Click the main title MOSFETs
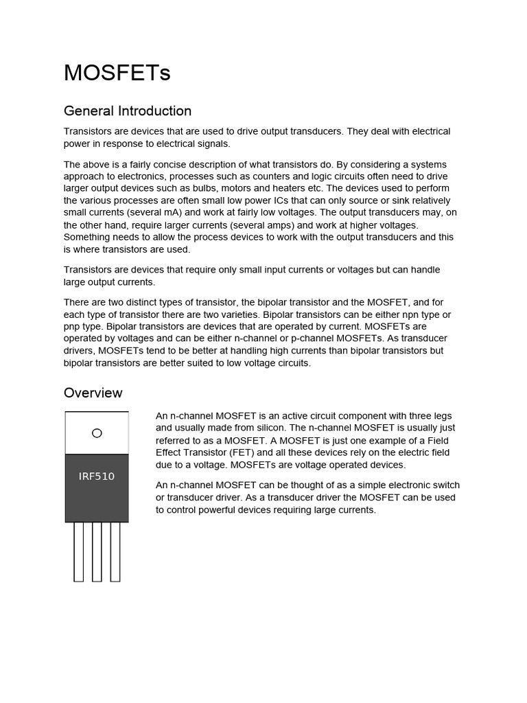[x=117, y=73]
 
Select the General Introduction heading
[x=128, y=111]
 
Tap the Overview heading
[x=93, y=393]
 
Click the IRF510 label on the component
[x=97, y=476]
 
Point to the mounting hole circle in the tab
[x=97, y=433]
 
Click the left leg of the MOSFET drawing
[x=79, y=552]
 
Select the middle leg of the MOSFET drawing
[x=97, y=552]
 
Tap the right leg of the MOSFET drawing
[x=115, y=552]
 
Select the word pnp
[x=73, y=327]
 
